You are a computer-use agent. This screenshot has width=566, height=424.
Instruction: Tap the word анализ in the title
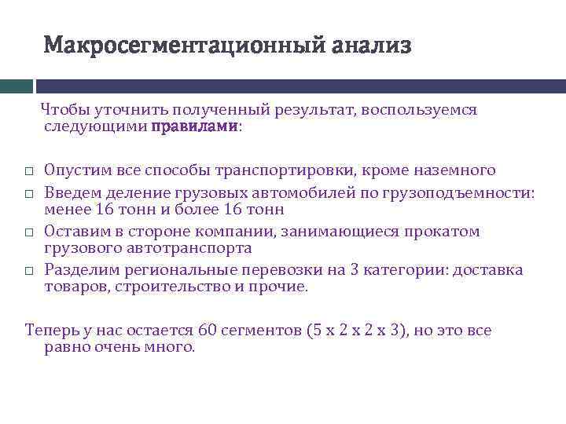(371, 45)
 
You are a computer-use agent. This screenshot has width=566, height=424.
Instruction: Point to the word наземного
(457, 170)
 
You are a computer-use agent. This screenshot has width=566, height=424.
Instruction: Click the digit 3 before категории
(355, 269)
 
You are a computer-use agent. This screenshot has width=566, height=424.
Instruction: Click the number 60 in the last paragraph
(208, 330)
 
